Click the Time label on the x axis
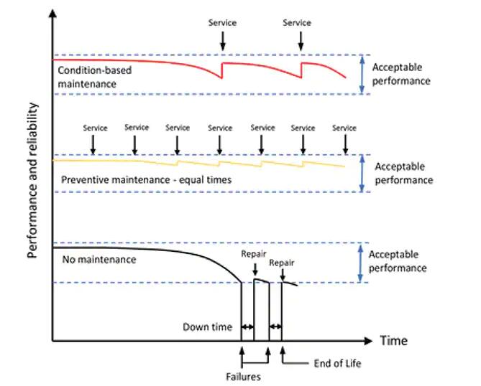coord(394,340)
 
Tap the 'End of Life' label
coord(337,364)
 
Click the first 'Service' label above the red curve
coord(222,23)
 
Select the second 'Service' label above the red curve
coord(297,23)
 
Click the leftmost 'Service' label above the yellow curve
coord(95,128)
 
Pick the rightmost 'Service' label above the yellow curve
coord(344,128)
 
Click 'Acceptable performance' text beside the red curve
coord(401,74)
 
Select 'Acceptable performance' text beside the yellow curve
coord(403,173)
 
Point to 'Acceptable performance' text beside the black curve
coord(397,261)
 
